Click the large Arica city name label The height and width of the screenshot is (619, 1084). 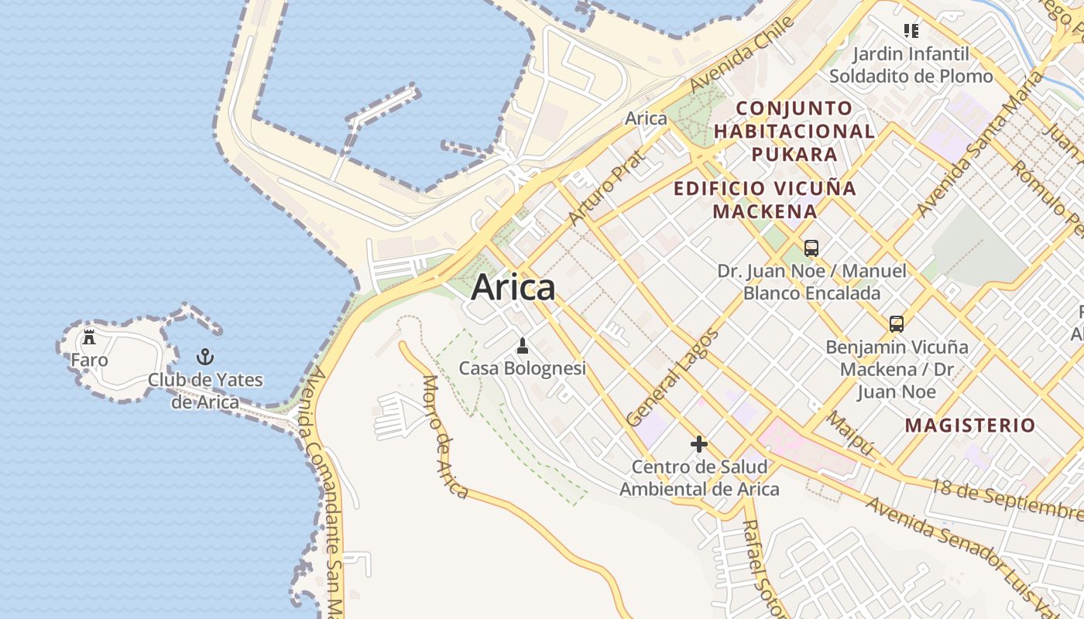513,288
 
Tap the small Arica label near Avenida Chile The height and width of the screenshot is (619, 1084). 646,118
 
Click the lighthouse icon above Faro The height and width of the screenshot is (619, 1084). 89,337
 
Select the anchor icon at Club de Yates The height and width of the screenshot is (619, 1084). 205,357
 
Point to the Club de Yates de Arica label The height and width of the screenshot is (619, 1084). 205,391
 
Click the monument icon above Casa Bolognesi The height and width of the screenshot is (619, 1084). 523,345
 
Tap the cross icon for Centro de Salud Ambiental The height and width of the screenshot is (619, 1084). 698,444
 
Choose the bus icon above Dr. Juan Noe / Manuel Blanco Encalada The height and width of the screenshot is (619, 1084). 811,248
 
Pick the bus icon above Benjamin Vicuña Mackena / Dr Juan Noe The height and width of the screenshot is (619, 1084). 897,324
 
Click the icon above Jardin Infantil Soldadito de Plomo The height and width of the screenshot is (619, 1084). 911,31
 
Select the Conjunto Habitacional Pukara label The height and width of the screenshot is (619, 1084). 794,131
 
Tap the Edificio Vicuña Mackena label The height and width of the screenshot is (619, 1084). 765,200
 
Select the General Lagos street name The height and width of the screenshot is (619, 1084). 672,378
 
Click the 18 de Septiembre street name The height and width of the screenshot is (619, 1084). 1007,499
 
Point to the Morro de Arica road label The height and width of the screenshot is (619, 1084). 445,437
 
